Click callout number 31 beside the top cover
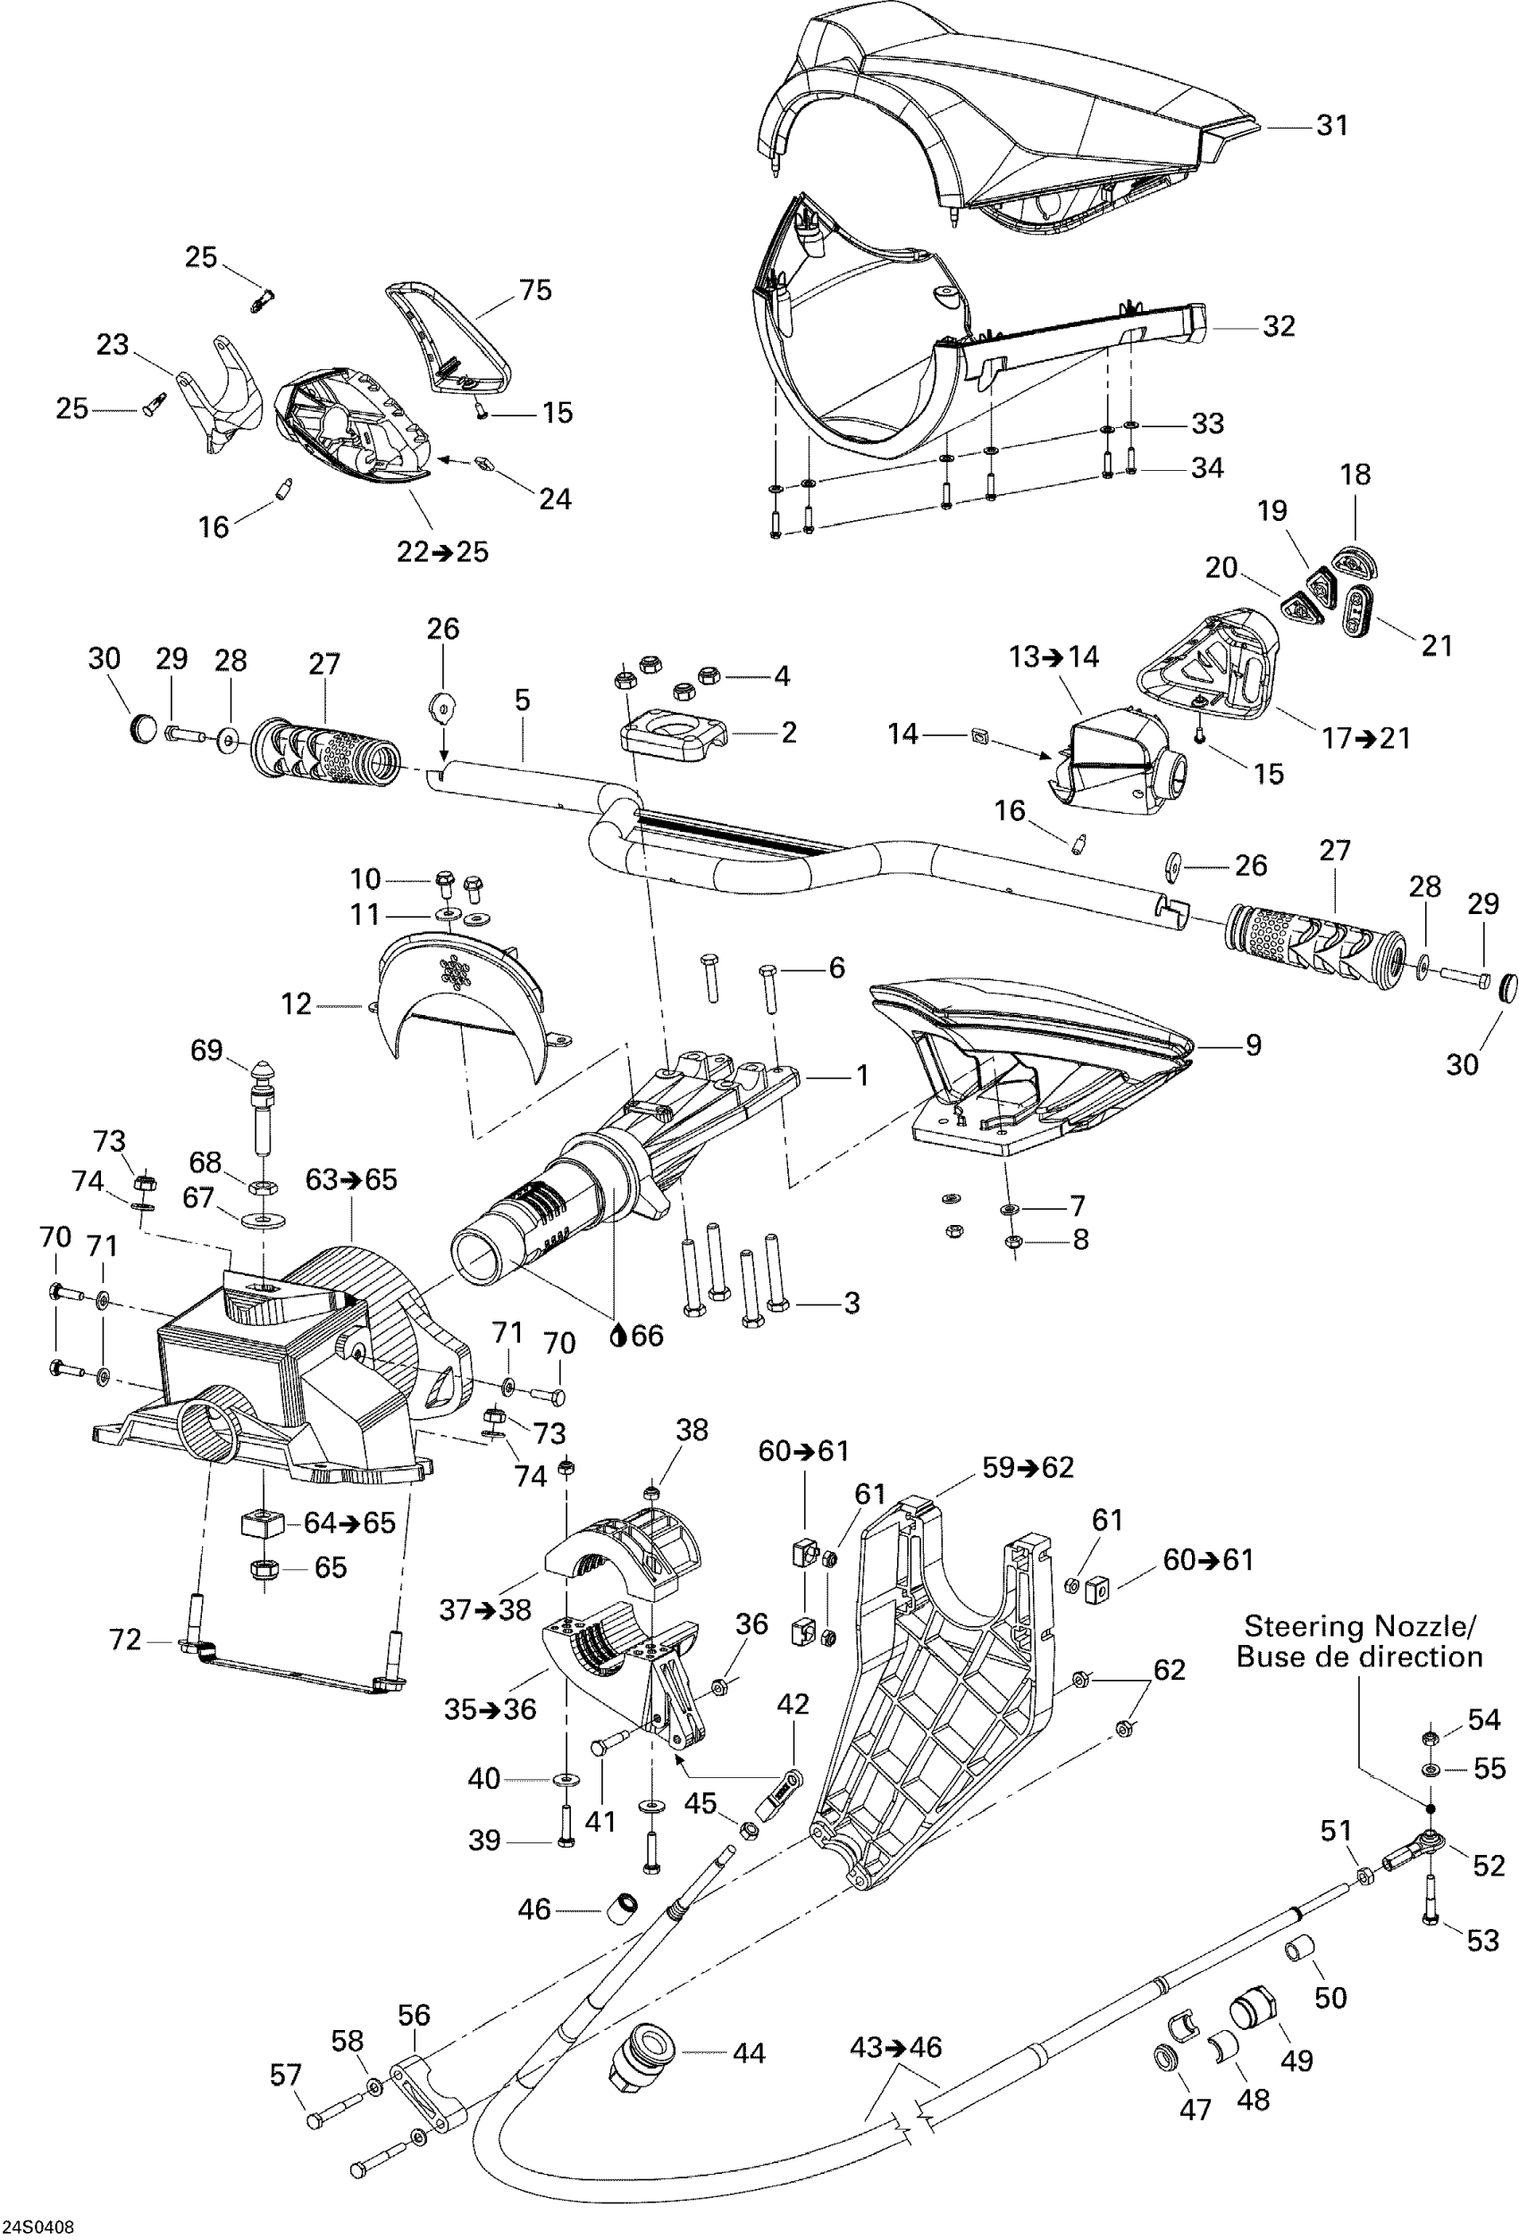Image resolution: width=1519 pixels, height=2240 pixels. (1332, 125)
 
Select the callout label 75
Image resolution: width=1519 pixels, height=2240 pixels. (536, 290)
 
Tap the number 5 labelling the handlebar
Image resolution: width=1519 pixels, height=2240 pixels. (523, 700)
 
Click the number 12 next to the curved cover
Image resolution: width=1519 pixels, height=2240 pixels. (296, 1004)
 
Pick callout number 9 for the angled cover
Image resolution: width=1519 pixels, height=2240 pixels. (1253, 1044)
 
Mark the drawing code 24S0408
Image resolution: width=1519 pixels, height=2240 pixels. (38, 2227)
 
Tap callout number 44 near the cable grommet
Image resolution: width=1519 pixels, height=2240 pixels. (749, 2054)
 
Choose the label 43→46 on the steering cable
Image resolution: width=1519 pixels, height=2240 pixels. (896, 2047)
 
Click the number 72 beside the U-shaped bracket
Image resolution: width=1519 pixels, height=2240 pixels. (125, 1640)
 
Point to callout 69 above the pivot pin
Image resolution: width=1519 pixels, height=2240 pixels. (207, 1050)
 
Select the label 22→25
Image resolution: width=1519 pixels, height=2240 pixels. (443, 551)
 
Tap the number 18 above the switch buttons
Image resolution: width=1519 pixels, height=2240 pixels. (1355, 474)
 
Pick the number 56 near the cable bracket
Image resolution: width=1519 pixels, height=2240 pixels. (415, 2016)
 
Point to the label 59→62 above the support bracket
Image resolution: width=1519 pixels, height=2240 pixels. (1028, 1467)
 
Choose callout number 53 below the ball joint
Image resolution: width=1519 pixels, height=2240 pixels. (1483, 1941)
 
